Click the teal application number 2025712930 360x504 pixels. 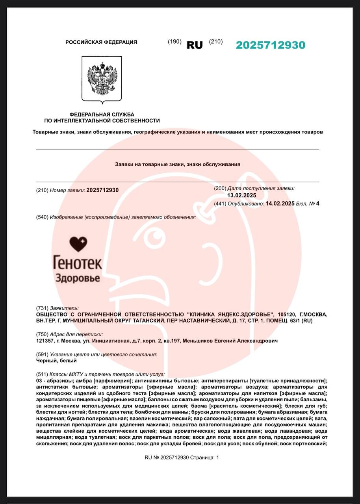coord(270,45)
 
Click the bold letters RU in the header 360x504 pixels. coord(195,45)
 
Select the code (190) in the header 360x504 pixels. coord(174,41)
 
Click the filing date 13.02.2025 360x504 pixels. coord(242,195)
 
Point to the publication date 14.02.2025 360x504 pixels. coord(280,204)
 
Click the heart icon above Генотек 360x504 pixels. coord(78,245)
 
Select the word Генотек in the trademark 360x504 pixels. coord(78,263)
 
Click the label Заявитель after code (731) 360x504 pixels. coord(64,308)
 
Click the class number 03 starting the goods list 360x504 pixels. coord(39,381)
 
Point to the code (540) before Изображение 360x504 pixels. coord(42,217)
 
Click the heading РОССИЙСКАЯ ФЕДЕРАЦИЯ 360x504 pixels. coord(101,42)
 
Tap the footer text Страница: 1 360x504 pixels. coord(204,457)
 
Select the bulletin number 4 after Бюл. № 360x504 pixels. coord(317,204)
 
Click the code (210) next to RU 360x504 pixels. coord(215,41)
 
